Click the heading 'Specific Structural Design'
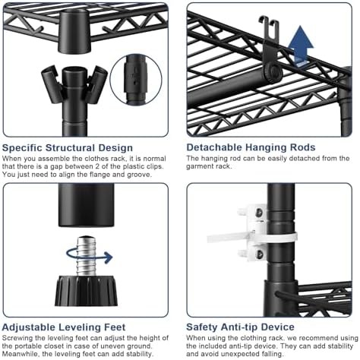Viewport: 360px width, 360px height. tap(68, 147)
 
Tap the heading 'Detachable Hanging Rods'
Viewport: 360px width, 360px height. tap(251, 147)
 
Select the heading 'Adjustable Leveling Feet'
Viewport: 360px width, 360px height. tap(64, 327)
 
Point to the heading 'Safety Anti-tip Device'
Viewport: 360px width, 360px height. tap(240, 327)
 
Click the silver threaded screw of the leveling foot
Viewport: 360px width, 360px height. tap(87, 256)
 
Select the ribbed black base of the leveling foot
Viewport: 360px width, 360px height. tap(87, 291)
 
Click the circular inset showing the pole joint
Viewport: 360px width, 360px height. tap(136, 79)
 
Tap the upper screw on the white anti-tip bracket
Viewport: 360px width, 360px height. tap(259, 213)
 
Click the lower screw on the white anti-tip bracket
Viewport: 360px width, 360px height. tap(259, 254)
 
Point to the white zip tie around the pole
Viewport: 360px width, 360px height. tap(252, 238)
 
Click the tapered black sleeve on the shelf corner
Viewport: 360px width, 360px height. tap(74, 31)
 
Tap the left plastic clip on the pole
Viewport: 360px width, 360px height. tap(52, 84)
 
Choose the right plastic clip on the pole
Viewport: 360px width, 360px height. tap(97, 84)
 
